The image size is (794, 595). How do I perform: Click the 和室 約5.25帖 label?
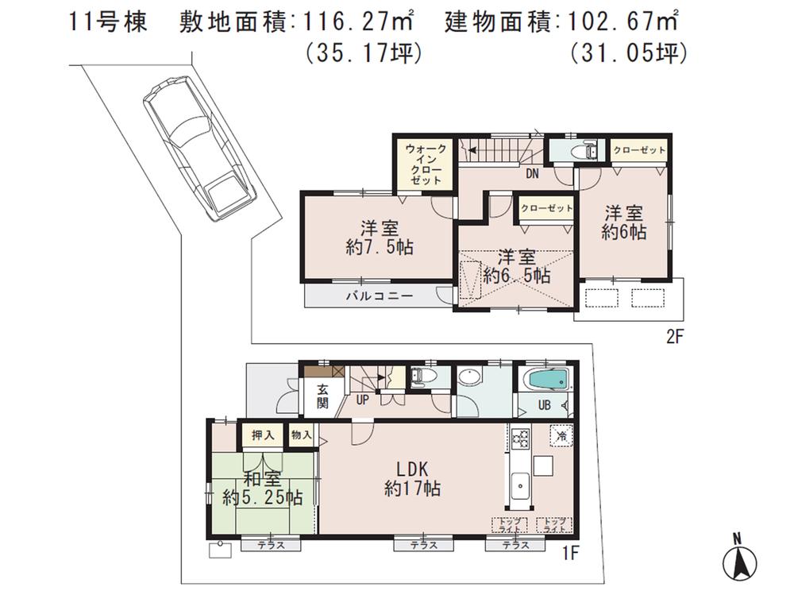(x=261, y=489)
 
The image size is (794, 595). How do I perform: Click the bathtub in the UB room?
(x=546, y=380)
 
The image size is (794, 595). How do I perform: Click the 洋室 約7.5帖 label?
(x=372, y=237)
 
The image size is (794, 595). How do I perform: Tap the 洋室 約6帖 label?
(x=623, y=222)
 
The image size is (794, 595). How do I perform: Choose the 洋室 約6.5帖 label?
(x=516, y=266)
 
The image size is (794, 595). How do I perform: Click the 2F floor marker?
(x=673, y=336)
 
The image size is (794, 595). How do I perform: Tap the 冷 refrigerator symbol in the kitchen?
(x=561, y=435)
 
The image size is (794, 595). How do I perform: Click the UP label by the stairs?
(x=362, y=400)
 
